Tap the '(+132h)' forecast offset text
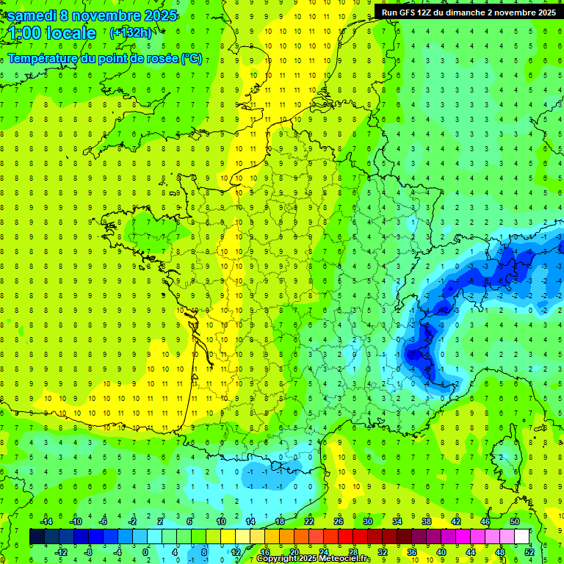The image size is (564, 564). click(131, 32)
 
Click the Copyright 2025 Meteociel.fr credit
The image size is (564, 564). click(314, 559)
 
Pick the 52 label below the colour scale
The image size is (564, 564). click(529, 552)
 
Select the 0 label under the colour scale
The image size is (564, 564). click(145, 552)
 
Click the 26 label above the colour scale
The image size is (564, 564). click(339, 521)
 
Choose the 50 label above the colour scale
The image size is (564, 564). click(515, 521)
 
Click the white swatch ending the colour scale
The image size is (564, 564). click(521, 537)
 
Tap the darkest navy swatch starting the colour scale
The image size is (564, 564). click(37, 537)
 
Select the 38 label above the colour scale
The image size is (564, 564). click(427, 521)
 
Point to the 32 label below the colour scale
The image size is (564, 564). click(382, 552)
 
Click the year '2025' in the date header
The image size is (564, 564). click(155, 15)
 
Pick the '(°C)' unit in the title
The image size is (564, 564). click(192, 59)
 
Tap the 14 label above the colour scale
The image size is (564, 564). click(250, 521)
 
